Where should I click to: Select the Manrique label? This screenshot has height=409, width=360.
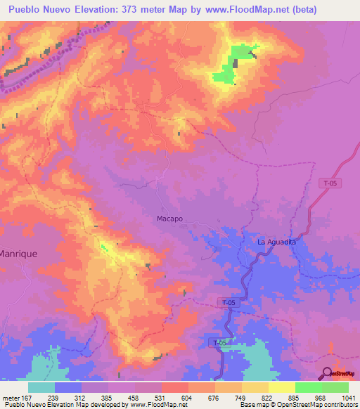tap(18, 252)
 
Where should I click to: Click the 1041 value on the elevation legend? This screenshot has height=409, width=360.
tap(348, 397)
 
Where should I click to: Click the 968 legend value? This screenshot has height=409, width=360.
tap(321, 397)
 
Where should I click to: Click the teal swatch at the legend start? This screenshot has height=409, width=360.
tap(41, 387)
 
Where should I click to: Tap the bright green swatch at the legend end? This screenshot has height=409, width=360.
tap(335, 387)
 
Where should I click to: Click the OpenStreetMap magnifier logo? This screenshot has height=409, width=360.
tap(326, 373)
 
